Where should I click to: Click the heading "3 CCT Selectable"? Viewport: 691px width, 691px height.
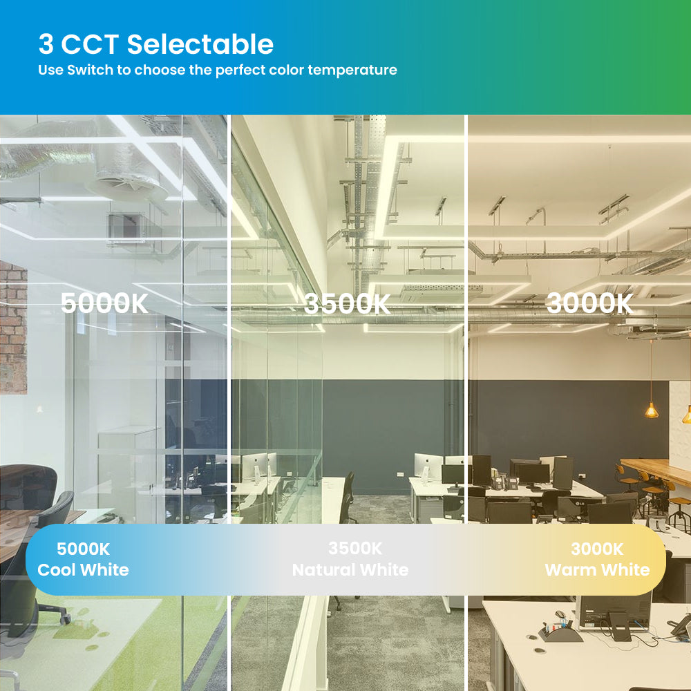coord(156,44)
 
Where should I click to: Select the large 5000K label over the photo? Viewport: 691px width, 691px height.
coord(104,303)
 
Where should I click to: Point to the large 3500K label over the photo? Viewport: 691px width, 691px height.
coord(348,303)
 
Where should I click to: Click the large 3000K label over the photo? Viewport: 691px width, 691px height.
coord(589,303)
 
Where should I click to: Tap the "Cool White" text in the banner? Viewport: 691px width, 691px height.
coord(84,570)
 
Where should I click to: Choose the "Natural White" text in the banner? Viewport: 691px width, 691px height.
coord(350,570)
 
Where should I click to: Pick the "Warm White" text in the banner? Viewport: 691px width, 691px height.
coord(597,570)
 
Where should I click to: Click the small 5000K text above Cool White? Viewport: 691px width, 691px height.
coord(84,549)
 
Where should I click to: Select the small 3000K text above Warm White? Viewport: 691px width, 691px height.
coord(597,549)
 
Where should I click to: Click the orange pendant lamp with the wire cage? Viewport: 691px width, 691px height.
coord(652,410)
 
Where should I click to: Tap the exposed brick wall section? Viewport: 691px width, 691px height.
coord(13,327)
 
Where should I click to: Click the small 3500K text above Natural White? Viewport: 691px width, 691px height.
coord(355,549)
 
